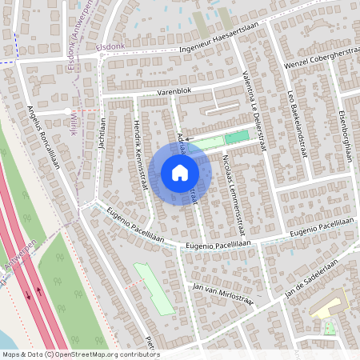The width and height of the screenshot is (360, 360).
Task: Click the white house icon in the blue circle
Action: point(180,173)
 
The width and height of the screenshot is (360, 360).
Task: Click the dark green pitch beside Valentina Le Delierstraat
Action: point(235,138)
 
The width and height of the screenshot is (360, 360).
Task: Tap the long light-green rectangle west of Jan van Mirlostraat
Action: point(154,287)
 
